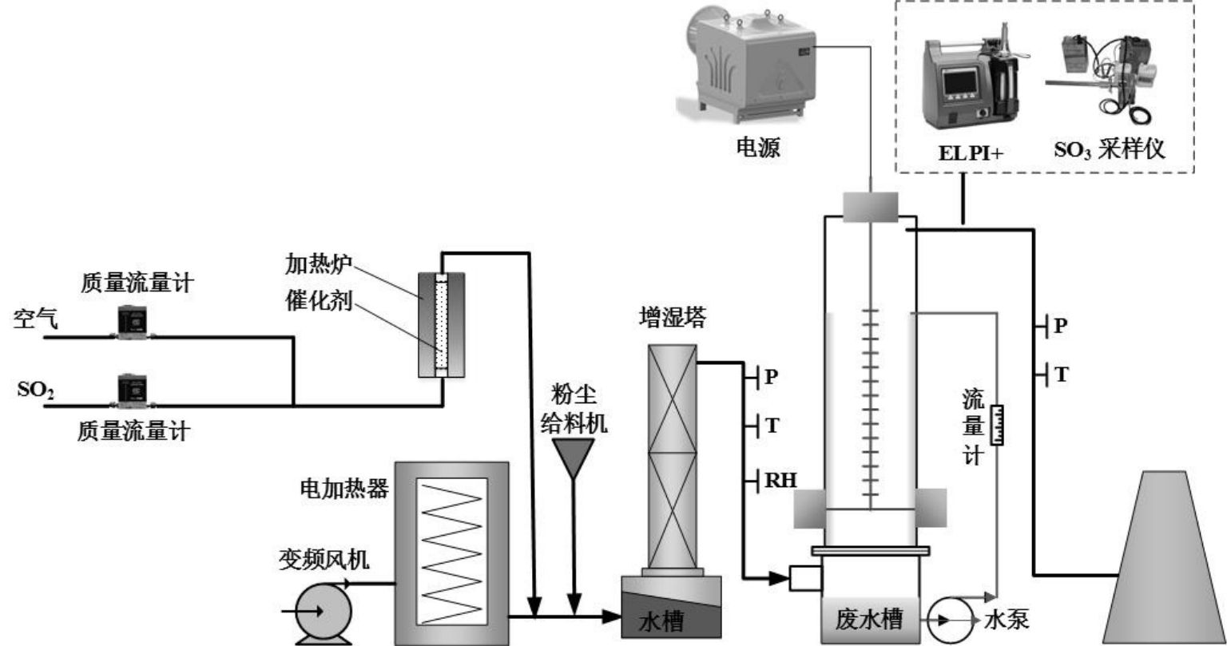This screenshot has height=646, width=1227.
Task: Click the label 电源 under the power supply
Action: click(x=757, y=147)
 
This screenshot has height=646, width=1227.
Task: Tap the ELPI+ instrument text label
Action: click(x=971, y=153)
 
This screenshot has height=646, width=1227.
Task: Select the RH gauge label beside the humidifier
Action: click(x=780, y=480)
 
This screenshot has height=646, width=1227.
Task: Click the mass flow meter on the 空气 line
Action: click(x=132, y=322)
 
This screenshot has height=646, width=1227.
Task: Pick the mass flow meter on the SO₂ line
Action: click(x=132, y=391)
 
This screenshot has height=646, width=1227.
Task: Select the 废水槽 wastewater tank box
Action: click(x=869, y=619)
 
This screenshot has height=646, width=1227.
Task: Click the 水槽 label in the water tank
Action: click(x=661, y=621)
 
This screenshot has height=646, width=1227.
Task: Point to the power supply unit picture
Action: click(x=746, y=65)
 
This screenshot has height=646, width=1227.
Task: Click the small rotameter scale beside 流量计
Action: click(x=997, y=425)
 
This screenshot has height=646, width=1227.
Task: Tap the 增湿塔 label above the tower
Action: click(x=672, y=318)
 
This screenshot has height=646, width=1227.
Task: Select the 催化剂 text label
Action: click(x=318, y=300)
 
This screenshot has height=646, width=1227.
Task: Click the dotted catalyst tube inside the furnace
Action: click(x=442, y=324)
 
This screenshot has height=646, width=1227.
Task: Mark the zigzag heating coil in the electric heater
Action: click(x=452, y=551)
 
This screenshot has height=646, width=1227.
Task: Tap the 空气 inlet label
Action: click(x=36, y=318)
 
